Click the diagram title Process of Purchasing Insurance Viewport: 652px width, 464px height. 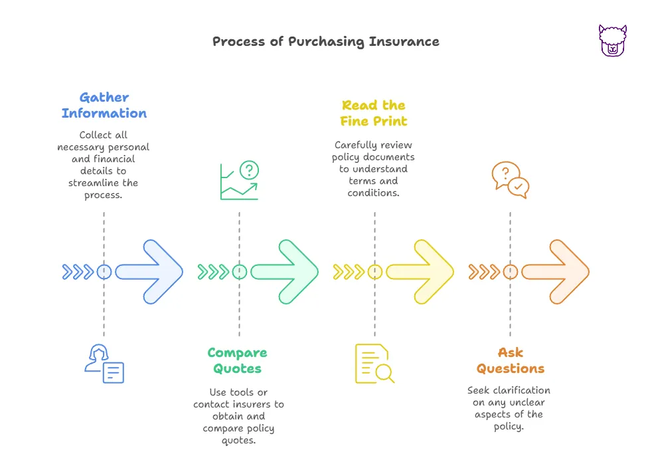click(x=325, y=41)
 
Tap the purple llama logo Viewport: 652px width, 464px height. click(x=612, y=41)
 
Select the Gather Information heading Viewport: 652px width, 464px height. click(x=104, y=106)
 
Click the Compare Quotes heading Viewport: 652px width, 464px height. click(x=237, y=361)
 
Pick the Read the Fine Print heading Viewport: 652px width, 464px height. click(x=374, y=113)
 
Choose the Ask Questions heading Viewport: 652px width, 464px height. click(x=510, y=361)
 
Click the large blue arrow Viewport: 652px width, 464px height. click(x=150, y=272)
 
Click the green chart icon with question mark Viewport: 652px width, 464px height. click(x=239, y=180)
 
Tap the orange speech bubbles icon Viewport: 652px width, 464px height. click(x=510, y=180)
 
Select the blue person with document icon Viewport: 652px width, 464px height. click(x=104, y=364)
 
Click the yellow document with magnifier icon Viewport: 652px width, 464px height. click(x=374, y=364)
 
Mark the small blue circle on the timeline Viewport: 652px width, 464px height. click(x=104, y=272)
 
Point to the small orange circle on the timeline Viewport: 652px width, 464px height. click(x=510, y=272)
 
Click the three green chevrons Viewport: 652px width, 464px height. click(x=214, y=272)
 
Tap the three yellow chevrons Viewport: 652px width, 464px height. click(x=349, y=272)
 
